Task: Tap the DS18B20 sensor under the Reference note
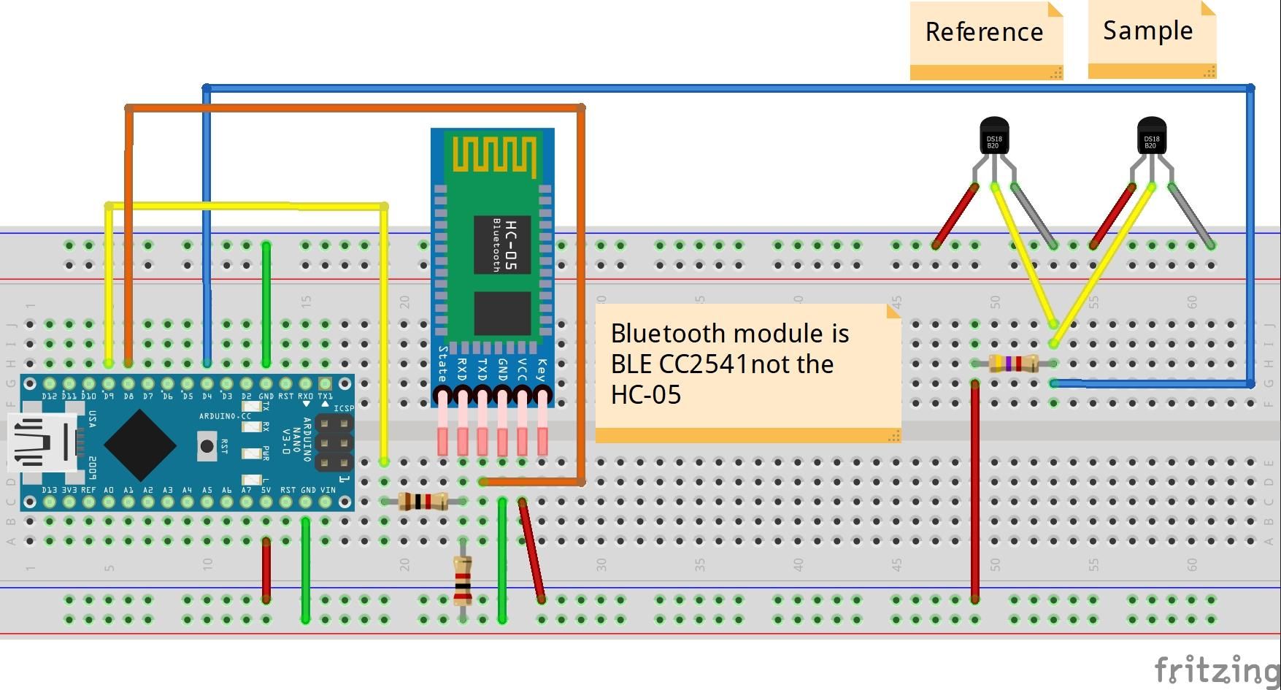(x=993, y=137)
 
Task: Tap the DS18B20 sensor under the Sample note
(x=1151, y=137)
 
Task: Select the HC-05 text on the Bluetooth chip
(x=510, y=245)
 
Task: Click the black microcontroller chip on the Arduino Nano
(x=139, y=444)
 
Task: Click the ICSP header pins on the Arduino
(x=334, y=442)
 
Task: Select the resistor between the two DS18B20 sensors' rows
(x=1014, y=363)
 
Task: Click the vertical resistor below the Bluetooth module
(x=463, y=581)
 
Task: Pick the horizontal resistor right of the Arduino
(x=423, y=502)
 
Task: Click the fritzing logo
(x=1215, y=669)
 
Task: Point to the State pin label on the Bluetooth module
(x=442, y=364)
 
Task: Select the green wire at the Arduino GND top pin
(x=266, y=303)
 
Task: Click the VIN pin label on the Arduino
(x=328, y=490)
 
